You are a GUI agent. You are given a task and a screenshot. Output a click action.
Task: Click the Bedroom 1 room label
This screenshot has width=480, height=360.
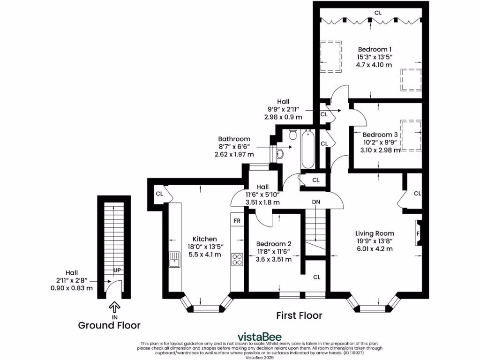[375, 49]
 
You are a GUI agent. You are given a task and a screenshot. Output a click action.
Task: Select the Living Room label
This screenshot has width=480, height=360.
[374, 233]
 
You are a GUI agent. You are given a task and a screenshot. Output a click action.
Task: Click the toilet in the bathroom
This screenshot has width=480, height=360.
[293, 135]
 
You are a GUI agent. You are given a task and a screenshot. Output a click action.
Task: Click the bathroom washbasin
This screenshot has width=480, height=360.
[279, 153]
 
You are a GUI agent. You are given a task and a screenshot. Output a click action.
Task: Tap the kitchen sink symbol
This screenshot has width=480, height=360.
[174, 259]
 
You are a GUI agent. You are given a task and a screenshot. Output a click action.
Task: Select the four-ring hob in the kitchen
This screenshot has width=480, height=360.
[237, 259]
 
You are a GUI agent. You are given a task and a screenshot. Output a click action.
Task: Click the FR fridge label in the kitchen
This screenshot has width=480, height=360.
[237, 220]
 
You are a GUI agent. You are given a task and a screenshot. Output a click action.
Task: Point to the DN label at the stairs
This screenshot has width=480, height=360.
[316, 202]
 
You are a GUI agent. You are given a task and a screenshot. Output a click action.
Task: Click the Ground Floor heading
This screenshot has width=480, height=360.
[109, 325]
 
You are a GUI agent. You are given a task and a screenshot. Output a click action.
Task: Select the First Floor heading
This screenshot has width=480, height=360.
[299, 315]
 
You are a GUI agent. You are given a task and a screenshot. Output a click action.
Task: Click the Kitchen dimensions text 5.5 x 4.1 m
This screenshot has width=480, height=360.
[201, 255]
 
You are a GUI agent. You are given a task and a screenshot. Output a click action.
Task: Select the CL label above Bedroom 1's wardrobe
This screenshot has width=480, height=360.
[378, 13]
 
